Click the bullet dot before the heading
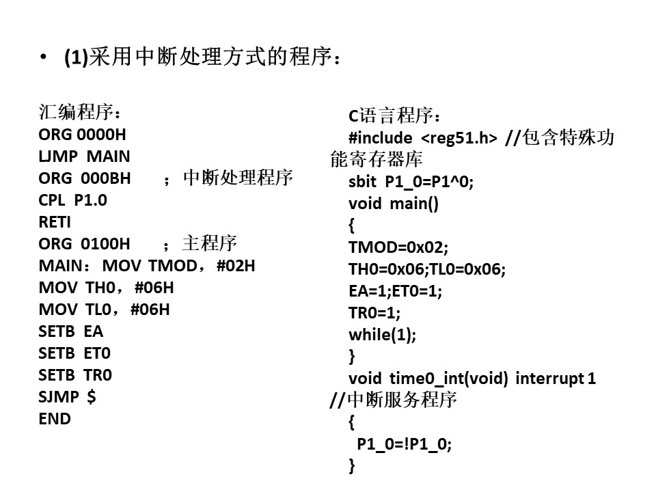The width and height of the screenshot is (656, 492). click(43, 57)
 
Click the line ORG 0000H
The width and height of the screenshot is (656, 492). click(82, 135)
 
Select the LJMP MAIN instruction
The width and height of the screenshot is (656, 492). click(84, 156)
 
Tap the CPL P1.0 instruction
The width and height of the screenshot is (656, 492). click(73, 200)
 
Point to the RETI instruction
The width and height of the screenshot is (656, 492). click(55, 221)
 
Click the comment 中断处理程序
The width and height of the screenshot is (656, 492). click(238, 178)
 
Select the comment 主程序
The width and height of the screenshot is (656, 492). click(209, 243)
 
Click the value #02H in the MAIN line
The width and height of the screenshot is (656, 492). click(236, 266)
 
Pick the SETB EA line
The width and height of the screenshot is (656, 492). click(70, 331)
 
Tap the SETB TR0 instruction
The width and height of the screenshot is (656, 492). click(75, 375)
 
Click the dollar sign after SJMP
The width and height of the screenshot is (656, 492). click(91, 396)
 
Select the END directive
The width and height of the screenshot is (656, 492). click(55, 419)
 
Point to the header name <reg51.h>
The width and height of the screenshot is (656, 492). click(459, 138)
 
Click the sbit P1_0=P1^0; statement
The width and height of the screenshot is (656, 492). click(411, 182)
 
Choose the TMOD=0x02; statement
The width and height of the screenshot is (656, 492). click(398, 247)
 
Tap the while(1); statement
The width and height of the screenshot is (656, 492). click(383, 335)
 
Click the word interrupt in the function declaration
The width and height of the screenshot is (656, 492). click(549, 378)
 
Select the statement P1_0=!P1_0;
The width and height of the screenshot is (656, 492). click(404, 444)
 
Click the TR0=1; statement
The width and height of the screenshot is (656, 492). click(374, 313)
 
